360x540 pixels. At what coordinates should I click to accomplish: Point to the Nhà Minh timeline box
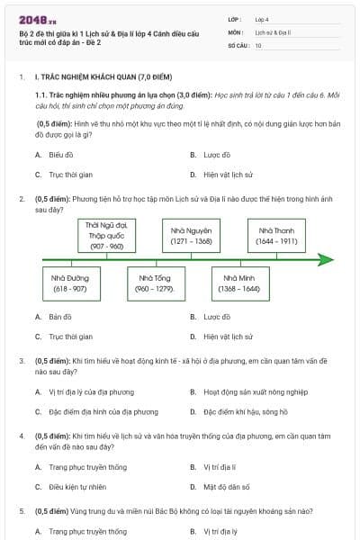tap(240, 283)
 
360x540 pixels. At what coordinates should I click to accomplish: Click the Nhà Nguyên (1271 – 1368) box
tap(192, 236)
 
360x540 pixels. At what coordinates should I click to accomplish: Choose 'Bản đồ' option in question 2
tap(60, 317)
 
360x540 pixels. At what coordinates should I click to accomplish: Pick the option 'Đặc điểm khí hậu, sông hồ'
tap(245, 412)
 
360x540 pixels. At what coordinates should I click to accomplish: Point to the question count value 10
tap(258, 44)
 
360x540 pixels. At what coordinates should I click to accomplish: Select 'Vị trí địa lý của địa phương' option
tap(91, 392)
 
